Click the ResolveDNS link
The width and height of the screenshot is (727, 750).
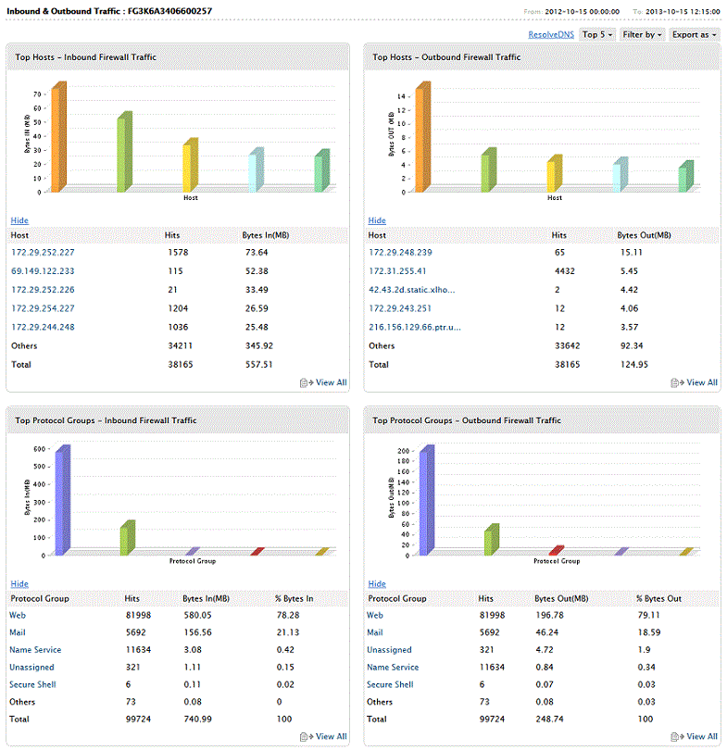(551, 34)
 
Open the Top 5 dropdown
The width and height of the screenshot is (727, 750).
(597, 34)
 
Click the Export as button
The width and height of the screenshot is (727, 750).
(695, 34)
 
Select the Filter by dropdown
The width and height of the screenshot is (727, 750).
(642, 34)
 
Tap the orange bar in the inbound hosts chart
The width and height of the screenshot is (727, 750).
(56, 139)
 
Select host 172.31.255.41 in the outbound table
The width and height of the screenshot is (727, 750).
(397, 271)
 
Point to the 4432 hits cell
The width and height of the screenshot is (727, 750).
(563, 271)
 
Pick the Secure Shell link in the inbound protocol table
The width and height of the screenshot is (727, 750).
(33, 684)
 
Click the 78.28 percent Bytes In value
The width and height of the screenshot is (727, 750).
(300, 615)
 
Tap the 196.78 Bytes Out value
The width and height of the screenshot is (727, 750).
(552, 615)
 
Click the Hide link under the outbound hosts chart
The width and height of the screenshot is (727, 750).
(377, 220)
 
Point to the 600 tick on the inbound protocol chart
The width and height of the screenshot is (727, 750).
(39, 449)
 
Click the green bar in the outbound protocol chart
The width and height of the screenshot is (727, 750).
(491, 542)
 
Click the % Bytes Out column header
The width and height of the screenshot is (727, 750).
(658, 598)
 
